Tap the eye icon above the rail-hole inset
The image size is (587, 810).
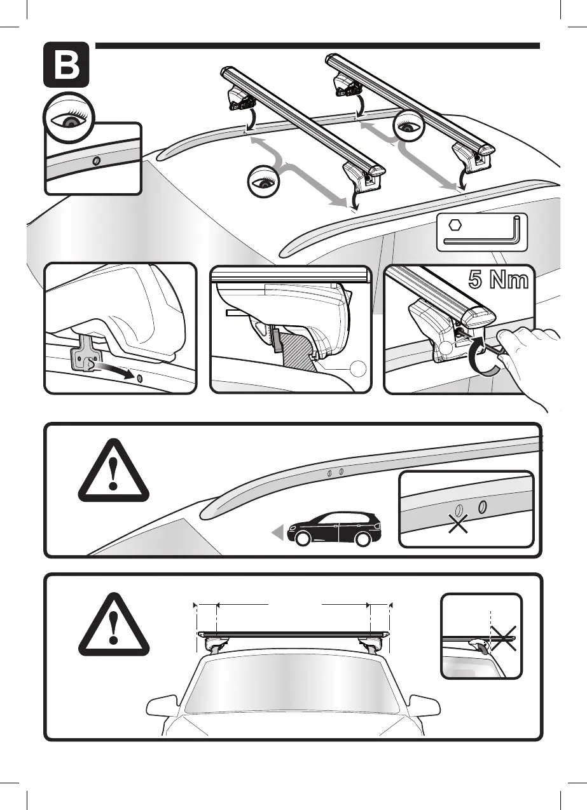coord(68,118)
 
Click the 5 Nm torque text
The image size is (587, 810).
coord(499,281)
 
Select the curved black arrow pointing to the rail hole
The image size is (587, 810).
coord(114,370)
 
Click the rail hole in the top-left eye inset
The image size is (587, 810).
coord(95,161)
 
